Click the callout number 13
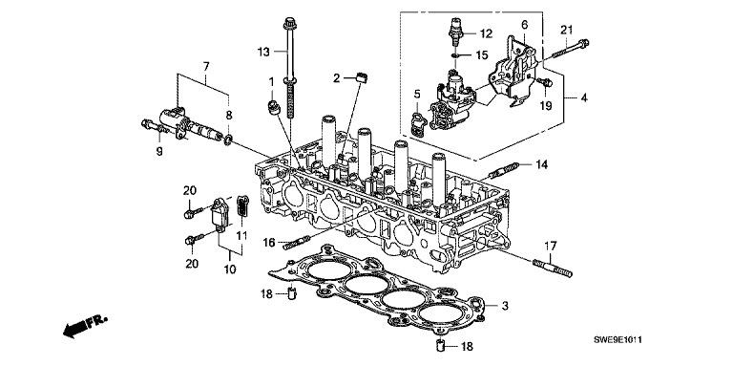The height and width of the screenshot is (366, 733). [263, 52]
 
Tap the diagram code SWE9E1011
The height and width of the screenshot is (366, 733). [618, 340]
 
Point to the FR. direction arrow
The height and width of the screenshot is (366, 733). [85, 325]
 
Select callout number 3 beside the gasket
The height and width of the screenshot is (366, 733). [505, 307]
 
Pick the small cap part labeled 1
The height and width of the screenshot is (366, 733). [273, 107]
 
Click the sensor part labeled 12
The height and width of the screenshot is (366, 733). [455, 32]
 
